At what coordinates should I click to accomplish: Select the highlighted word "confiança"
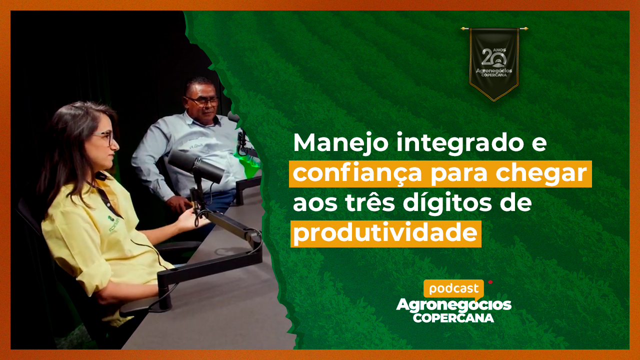[x=357, y=173]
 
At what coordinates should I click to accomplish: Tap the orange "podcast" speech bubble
[x=453, y=289]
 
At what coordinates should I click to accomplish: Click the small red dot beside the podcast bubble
[x=490, y=282]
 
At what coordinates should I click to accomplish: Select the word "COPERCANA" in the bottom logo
[x=453, y=317]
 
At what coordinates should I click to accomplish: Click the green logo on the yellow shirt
[x=113, y=224]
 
